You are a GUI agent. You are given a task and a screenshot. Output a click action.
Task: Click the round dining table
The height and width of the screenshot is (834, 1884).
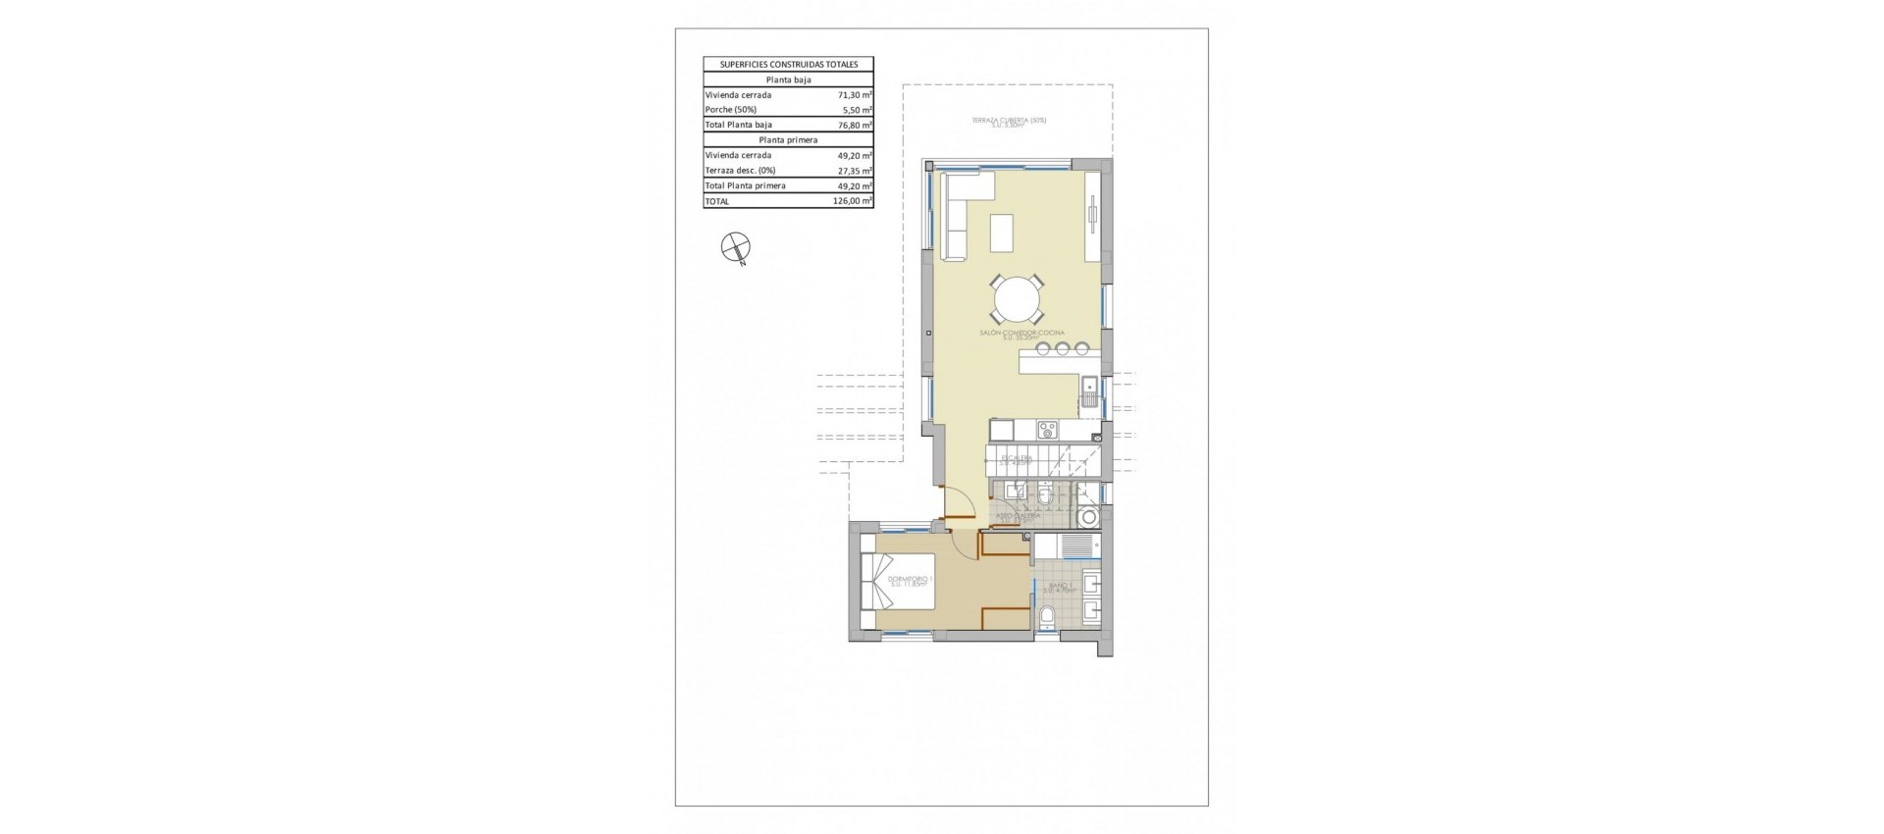tap(1017, 298)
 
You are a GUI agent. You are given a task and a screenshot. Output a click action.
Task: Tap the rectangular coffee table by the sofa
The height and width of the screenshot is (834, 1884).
tap(1001, 233)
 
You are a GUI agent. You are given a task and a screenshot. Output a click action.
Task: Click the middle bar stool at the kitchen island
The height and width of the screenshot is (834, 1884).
tap(1062, 347)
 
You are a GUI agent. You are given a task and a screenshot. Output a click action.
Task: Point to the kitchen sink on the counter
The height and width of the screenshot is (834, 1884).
tap(1090, 393)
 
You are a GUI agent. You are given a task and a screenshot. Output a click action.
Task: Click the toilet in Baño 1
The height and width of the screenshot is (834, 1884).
tap(1047, 616)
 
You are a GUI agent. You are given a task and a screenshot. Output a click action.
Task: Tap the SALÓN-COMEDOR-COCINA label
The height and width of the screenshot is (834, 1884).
tap(1021, 335)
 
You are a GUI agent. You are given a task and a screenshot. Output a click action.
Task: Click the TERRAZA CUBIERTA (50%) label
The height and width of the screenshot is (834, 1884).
tap(1009, 122)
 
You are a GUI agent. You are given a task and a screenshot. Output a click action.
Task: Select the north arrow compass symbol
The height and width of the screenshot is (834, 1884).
tap(734, 247)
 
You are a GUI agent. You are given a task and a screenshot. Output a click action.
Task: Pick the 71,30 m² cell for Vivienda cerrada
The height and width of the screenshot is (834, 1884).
tap(852, 95)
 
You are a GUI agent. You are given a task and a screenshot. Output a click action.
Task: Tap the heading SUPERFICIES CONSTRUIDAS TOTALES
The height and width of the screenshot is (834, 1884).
tap(788, 65)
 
